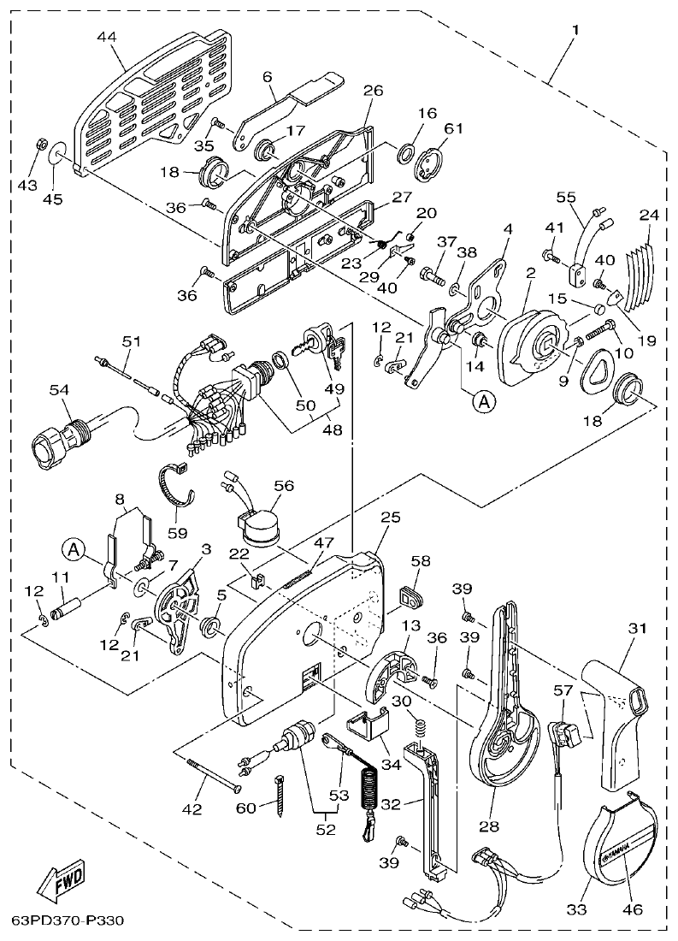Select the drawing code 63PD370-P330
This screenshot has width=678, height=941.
[x=68, y=921]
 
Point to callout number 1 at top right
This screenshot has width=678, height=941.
[x=575, y=31]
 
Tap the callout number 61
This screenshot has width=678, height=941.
[x=452, y=128]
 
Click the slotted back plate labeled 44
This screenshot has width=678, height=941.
[x=154, y=107]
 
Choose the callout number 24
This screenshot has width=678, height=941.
[x=648, y=216]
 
